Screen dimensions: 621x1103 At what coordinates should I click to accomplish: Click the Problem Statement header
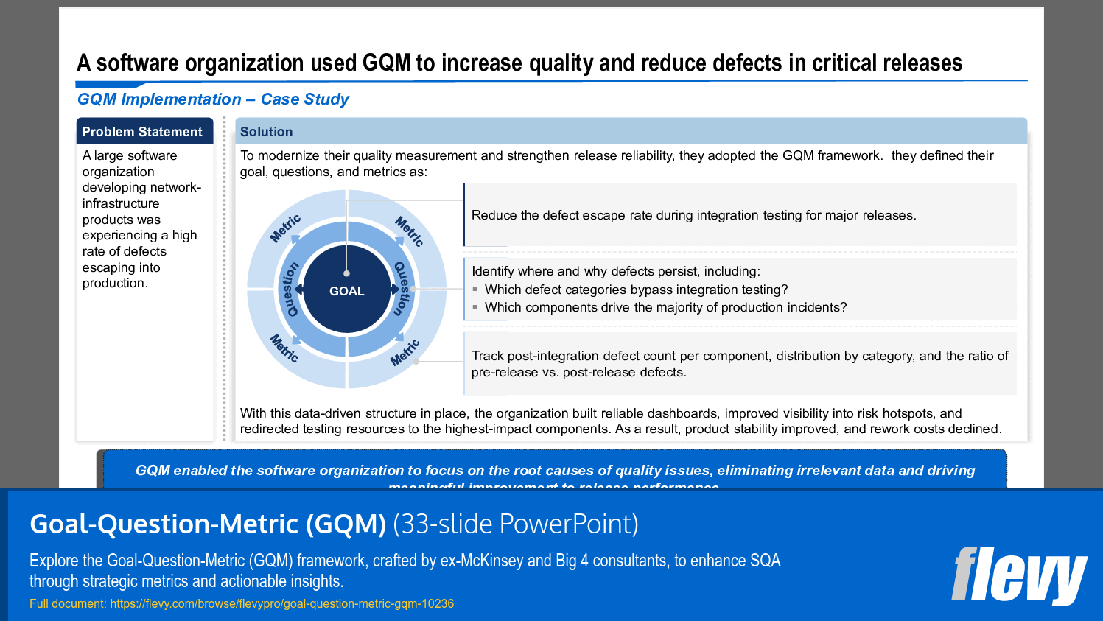click(142, 132)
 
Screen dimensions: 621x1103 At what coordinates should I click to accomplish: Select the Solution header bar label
click(266, 132)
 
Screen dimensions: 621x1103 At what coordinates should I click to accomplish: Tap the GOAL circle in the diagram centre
click(346, 291)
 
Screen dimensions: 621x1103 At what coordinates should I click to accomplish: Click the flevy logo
click(1018, 575)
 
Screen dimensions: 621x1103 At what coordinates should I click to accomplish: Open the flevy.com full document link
click(281, 603)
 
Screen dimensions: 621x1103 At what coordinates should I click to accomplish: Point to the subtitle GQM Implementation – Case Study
click(213, 99)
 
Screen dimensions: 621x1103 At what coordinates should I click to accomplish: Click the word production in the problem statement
click(114, 283)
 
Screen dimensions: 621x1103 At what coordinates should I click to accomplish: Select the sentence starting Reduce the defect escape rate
click(693, 215)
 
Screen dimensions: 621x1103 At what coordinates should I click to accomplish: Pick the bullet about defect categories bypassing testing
click(636, 290)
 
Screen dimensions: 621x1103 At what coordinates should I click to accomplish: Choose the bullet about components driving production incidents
click(665, 307)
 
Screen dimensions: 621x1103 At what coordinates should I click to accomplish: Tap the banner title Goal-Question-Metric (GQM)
click(208, 524)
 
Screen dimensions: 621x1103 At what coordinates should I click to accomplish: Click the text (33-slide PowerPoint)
click(516, 524)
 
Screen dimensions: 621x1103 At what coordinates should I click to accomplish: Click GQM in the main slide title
click(386, 63)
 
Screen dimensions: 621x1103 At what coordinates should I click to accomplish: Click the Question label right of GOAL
click(402, 289)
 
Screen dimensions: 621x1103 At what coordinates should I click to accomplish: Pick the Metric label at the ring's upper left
click(285, 228)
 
